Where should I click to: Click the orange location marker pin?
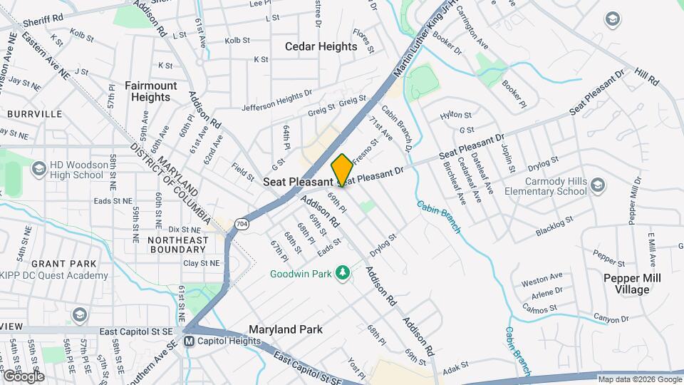pyautogui.click(x=342, y=170)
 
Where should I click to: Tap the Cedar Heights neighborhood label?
pyautogui.click(x=321, y=46)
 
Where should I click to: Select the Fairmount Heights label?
pyautogui.click(x=151, y=91)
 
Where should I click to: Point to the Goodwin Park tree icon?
pyautogui.click(x=343, y=272)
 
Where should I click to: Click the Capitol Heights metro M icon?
pyautogui.click(x=190, y=342)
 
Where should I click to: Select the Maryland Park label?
pyautogui.click(x=285, y=329)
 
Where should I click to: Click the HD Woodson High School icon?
pyautogui.click(x=38, y=169)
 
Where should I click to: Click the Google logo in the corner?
pyautogui.click(x=23, y=376)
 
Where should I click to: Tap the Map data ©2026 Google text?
pyautogui.click(x=639, y=379)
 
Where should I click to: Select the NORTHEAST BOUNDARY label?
pyautogui.click(x=167, y=245)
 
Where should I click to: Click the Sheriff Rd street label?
pyautogui.click(x=44, y=16)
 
